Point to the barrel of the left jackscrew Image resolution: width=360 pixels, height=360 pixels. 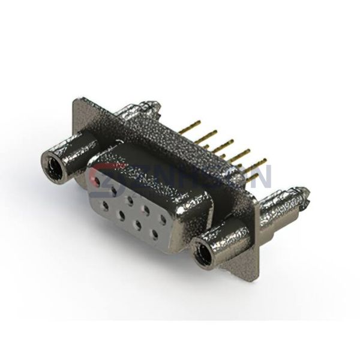72,153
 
